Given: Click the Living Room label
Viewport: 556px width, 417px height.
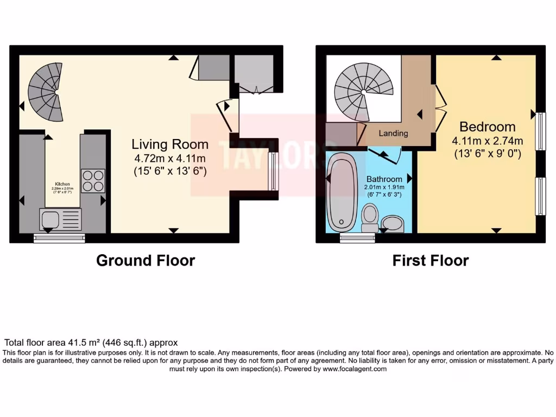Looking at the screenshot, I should (170, 144).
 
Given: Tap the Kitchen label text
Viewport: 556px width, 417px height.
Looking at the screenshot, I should (62, 184).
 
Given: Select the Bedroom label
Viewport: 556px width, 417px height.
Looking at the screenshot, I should (487, 127).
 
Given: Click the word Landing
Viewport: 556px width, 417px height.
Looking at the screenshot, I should (393, 133).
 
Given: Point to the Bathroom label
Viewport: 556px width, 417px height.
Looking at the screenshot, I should (384, 179).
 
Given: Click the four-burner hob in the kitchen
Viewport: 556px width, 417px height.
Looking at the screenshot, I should (93, 181).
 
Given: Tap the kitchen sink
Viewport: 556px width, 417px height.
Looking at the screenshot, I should (60, 219).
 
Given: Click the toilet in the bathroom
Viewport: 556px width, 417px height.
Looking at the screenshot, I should (370, 218).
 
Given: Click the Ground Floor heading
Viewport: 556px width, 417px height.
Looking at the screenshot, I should (146, 261).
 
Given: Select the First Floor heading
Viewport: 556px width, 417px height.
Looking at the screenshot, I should (431, 261).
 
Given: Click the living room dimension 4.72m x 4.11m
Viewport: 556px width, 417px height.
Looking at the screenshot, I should (170, 159).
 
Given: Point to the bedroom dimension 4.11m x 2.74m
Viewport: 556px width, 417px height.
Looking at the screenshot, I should (487, 141).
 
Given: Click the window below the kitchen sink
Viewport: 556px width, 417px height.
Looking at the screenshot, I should (60, 237).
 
